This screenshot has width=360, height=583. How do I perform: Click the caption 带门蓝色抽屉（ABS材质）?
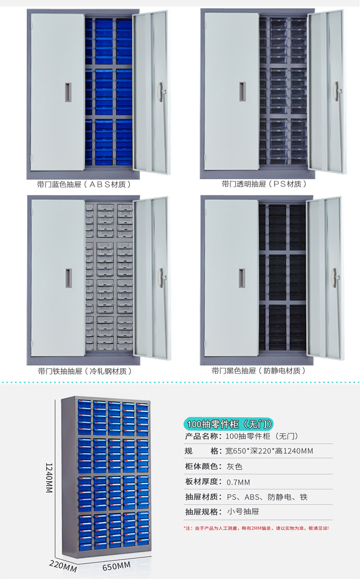[x=84, y=184]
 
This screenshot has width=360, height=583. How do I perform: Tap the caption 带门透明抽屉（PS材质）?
[x=264, y=184]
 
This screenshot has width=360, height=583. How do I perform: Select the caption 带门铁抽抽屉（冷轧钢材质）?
[x=84, y=371]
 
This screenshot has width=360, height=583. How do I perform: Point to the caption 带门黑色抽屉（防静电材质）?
[x=259, y=371]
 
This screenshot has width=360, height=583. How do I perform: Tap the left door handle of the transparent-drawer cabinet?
[x=242, y=91]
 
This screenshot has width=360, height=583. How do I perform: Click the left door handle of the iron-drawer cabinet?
[x=68, y=278]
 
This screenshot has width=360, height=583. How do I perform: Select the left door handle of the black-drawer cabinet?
[x=242, y=278]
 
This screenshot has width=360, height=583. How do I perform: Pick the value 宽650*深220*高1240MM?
[x=269, y=451]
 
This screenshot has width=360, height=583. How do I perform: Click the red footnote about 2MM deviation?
[x=256, y=528]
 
